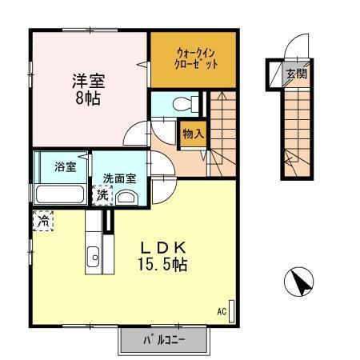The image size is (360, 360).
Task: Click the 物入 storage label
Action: click(193, 134)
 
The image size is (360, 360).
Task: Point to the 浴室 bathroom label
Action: click(66, 167)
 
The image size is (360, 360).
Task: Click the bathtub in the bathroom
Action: click(61, 194)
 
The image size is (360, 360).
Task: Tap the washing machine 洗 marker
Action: click(103, 194)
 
